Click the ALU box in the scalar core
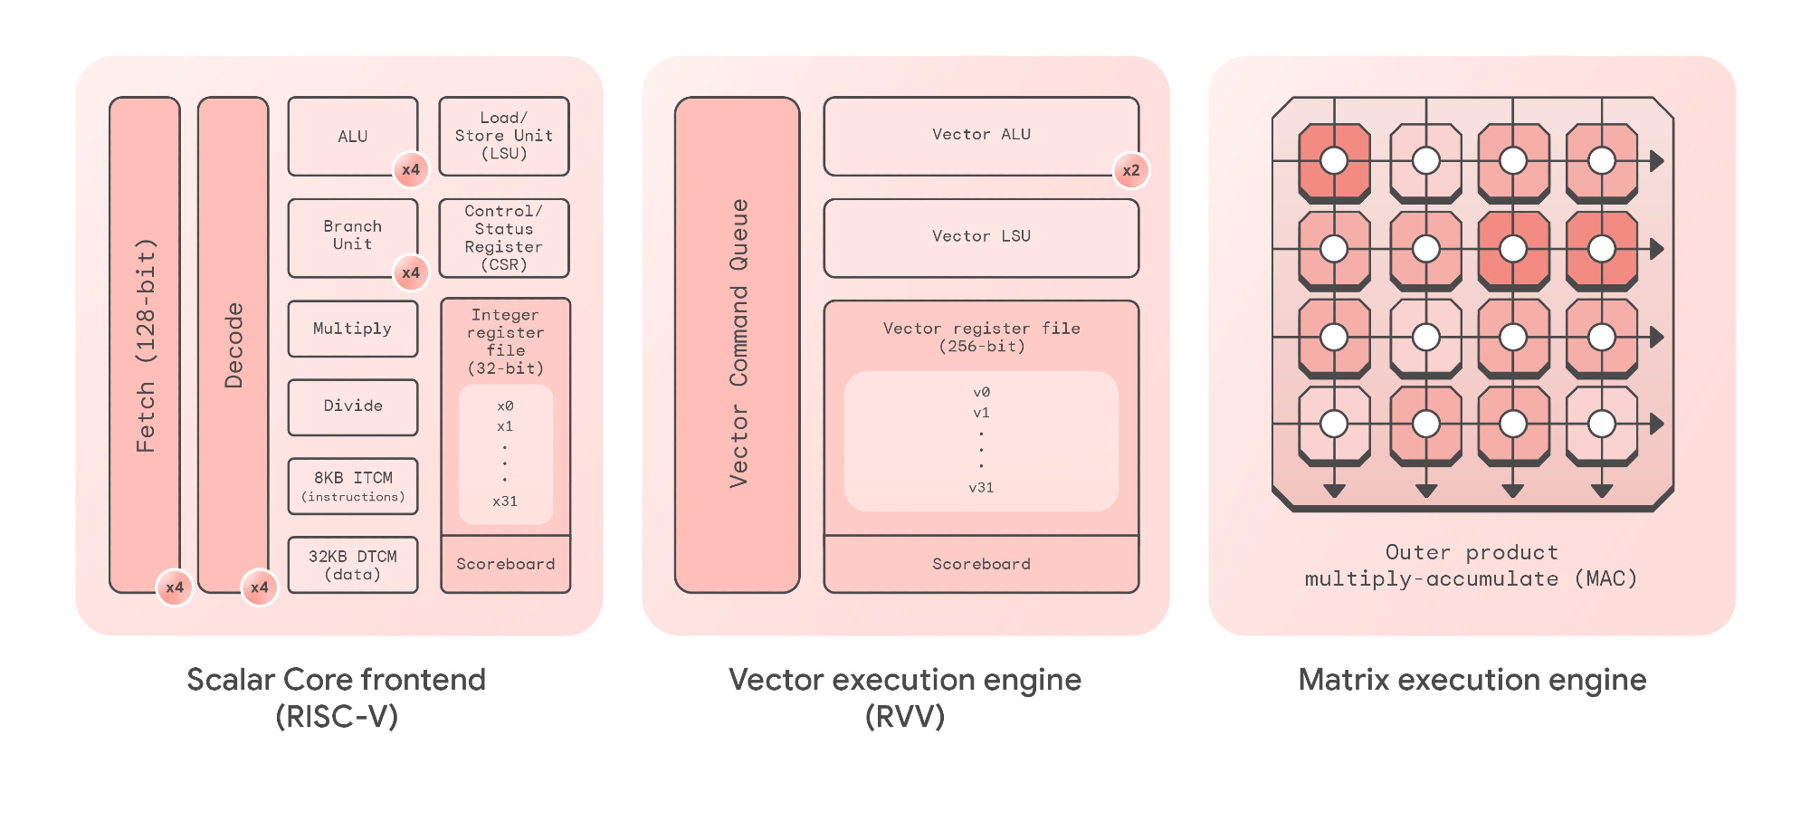(352, 136)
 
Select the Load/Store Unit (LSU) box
(503, 136)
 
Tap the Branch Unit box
(352, 236)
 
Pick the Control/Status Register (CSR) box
(503, 238)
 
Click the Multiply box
(352, 329)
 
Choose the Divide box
(352, 406)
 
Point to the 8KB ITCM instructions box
(352, 486)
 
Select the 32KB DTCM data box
(352, 565)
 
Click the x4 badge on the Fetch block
(175, 587)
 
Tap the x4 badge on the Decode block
(260, 587)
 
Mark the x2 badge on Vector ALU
(1131, 170)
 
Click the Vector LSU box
(981, 237)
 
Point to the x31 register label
(505, 501)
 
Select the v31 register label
(981, 488)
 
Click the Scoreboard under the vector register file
(981, 564)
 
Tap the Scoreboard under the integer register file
(505, 564)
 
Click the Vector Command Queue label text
(739, 344)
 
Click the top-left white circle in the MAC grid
(1334, 161)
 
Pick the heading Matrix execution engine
(1472, 680)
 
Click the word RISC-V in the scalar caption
(337, 717)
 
